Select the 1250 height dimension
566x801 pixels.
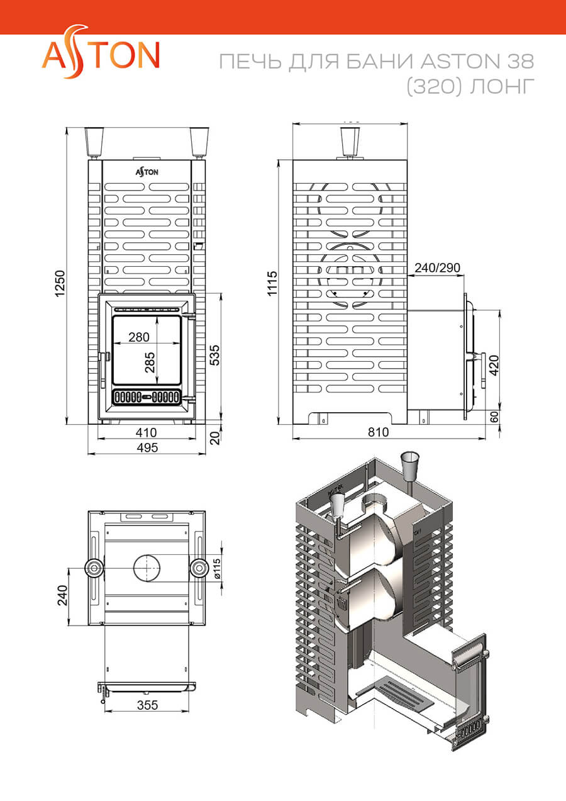60,283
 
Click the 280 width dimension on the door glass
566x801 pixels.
138,337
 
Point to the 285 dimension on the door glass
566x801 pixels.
150,362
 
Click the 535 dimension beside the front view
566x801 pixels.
214,355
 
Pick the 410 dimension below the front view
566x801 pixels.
146,433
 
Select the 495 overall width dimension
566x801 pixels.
147,447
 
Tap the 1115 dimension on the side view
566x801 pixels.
272,283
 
